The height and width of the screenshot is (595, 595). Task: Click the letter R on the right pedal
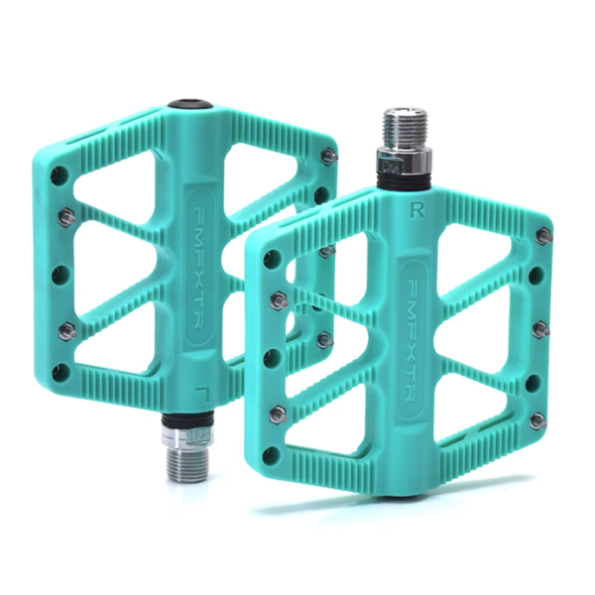(x=412, y=209)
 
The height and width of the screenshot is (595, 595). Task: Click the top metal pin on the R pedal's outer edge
(x=543, y=235)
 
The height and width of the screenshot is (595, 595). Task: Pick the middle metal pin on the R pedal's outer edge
(x=540, y=329)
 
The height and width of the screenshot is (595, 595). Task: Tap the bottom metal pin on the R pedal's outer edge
(x=537, y=420)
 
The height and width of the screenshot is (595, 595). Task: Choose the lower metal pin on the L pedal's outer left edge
(x=66, y=331)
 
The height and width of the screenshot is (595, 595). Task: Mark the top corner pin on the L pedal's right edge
(x=329, y=156)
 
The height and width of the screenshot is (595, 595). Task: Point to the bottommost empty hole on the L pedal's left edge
(x=61, y=373)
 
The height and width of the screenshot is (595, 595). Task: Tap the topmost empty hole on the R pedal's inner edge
(x=270, y=261)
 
